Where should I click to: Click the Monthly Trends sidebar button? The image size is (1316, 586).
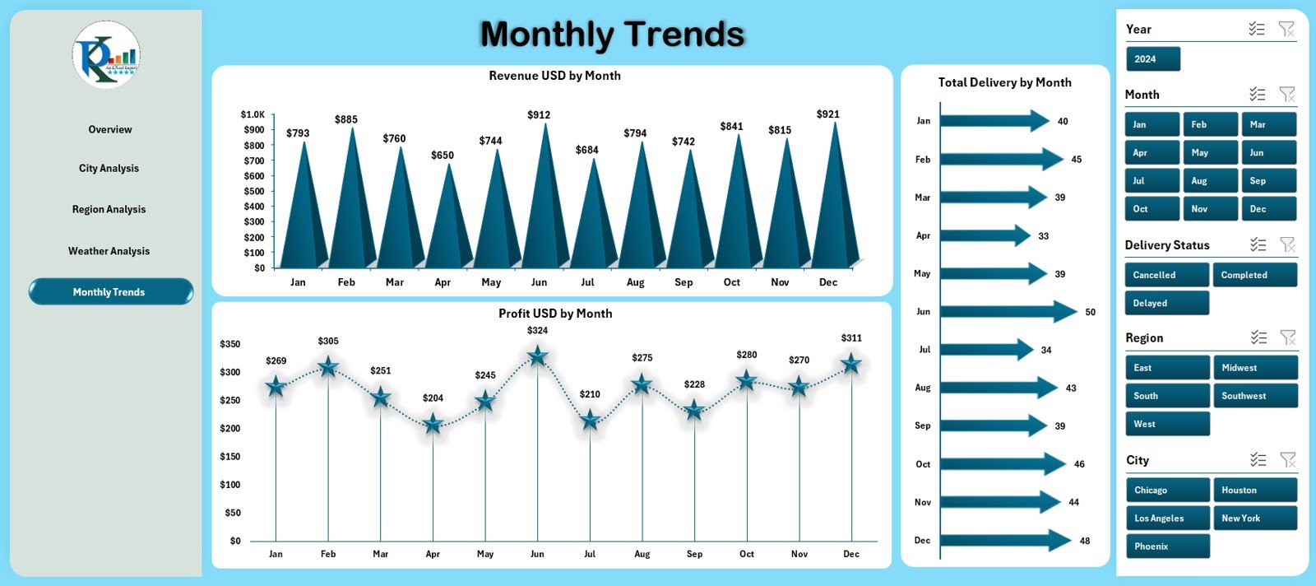110,292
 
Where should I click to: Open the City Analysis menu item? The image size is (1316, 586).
109,169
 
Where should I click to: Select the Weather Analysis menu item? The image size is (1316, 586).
109,251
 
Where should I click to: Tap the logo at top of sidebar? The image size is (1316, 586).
106,55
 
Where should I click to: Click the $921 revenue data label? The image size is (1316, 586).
827,114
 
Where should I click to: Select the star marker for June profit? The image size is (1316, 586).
537,356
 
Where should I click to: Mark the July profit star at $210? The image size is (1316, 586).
590,421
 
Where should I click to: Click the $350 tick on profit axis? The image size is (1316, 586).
230,344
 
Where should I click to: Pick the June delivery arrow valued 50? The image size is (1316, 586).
1008,312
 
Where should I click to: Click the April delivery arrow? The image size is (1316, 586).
985,235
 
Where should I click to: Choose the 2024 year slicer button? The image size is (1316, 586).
1152,59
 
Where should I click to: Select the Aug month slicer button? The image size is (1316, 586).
1210,181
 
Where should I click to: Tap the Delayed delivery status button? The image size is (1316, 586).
1166,304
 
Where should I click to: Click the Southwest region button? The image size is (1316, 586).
1254,396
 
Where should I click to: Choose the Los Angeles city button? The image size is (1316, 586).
1167,519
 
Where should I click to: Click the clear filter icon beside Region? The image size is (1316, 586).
1287,337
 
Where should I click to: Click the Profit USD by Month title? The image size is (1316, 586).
555,314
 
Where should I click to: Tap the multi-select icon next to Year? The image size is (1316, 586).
1256,29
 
